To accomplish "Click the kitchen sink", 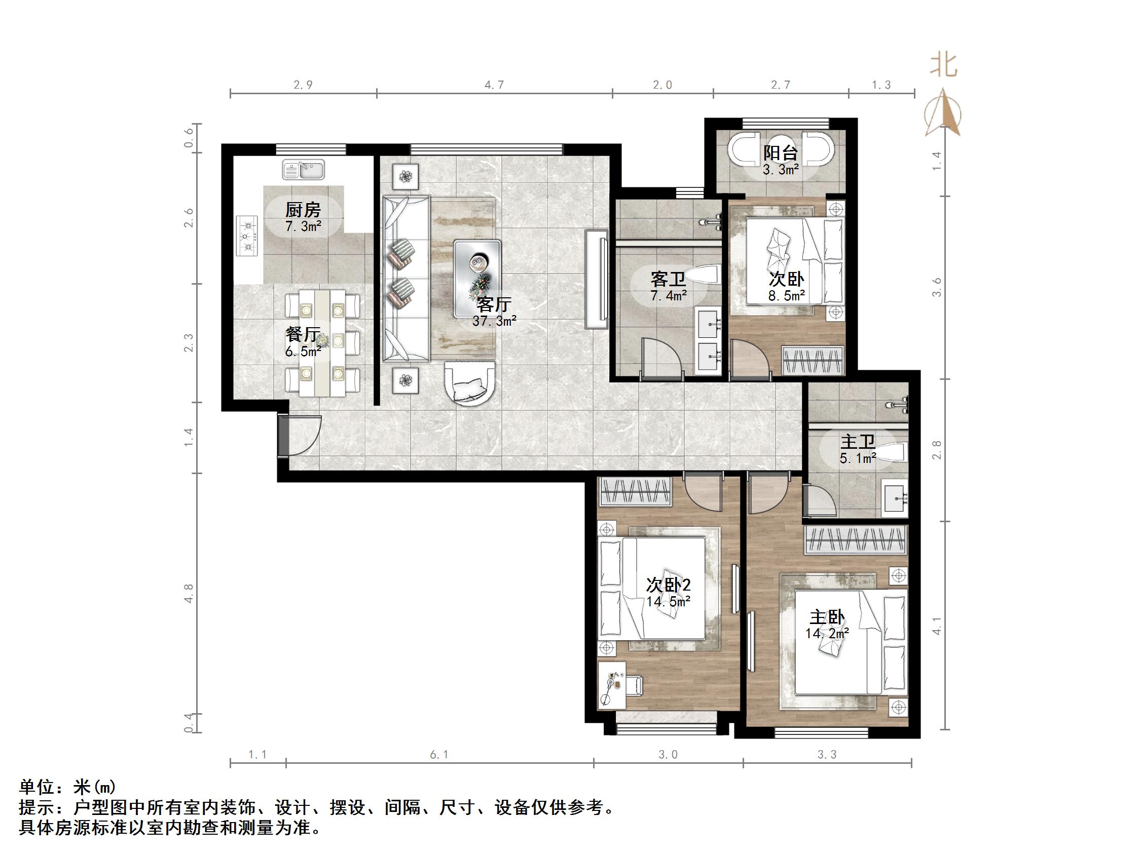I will [x=303, y=169].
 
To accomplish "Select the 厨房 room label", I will [x=303, y=210].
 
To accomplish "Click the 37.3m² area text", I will [x=494, y=322].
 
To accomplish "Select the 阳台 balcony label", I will [x=781, y=153].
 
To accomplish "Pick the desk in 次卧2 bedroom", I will [x=612, y=684].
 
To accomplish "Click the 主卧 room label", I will [x=827, y=617].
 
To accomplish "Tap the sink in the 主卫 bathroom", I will [x=895, y=498].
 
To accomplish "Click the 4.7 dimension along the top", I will [x=494, y=85].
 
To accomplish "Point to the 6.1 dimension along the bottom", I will [x=439, y=755].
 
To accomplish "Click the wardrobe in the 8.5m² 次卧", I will [x=813, y=360].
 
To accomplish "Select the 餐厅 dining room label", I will [x=303, y=334].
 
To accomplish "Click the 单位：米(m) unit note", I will [x=67, y=786].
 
